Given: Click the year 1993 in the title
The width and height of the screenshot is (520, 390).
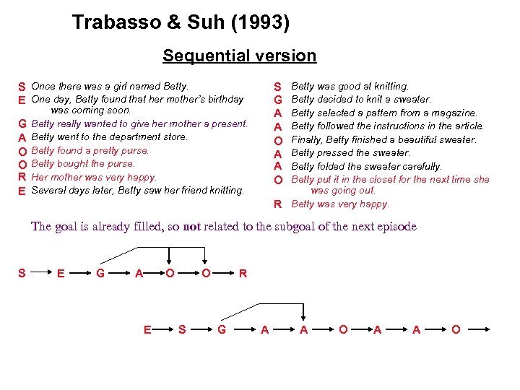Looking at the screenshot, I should point(261,23).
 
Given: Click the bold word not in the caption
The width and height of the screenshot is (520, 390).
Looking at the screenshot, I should point(191,227).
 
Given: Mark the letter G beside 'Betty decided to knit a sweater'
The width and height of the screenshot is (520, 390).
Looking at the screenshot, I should point(277,100).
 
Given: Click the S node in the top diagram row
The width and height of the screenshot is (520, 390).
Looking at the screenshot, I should point(22,274).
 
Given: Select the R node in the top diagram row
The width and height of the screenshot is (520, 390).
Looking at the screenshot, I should point(243,274).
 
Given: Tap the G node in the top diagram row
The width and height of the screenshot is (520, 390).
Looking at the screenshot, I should point(100,274).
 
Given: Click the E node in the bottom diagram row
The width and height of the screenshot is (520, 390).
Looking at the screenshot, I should point(147,330).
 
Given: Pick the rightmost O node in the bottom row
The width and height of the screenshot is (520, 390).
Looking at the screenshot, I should point(455,330).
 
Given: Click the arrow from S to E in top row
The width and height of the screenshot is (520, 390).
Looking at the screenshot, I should point(41,274).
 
